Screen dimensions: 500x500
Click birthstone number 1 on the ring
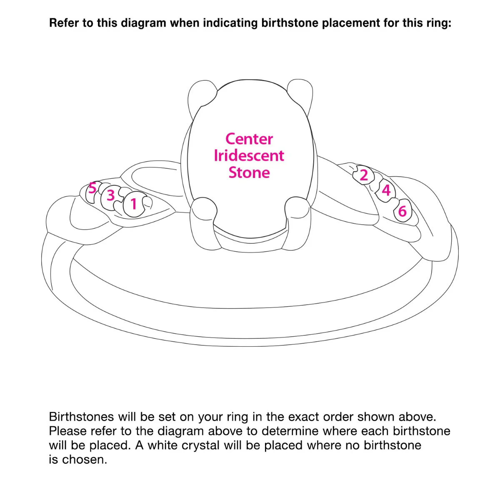[x=134, y=204]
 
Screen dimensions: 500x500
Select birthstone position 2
[x=364, y=175]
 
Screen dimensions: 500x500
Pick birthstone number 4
[x=386, y=190]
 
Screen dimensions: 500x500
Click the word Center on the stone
[x=249, y=139]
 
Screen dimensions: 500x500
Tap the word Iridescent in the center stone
[x=249, y=156]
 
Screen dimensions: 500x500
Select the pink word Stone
[x=249, y=172]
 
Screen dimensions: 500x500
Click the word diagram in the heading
[x=143, y=23]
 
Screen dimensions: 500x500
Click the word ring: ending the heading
[x=438, y=23]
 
